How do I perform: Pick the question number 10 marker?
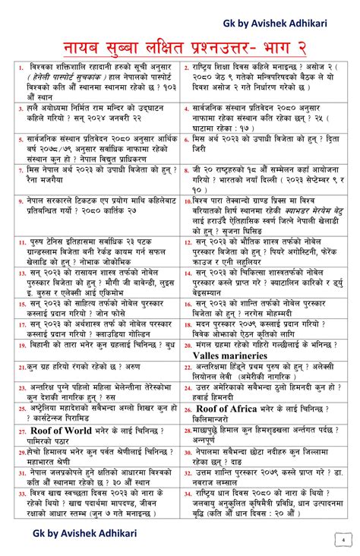coord(187,220)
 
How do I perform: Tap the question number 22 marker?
coord(187,367)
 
